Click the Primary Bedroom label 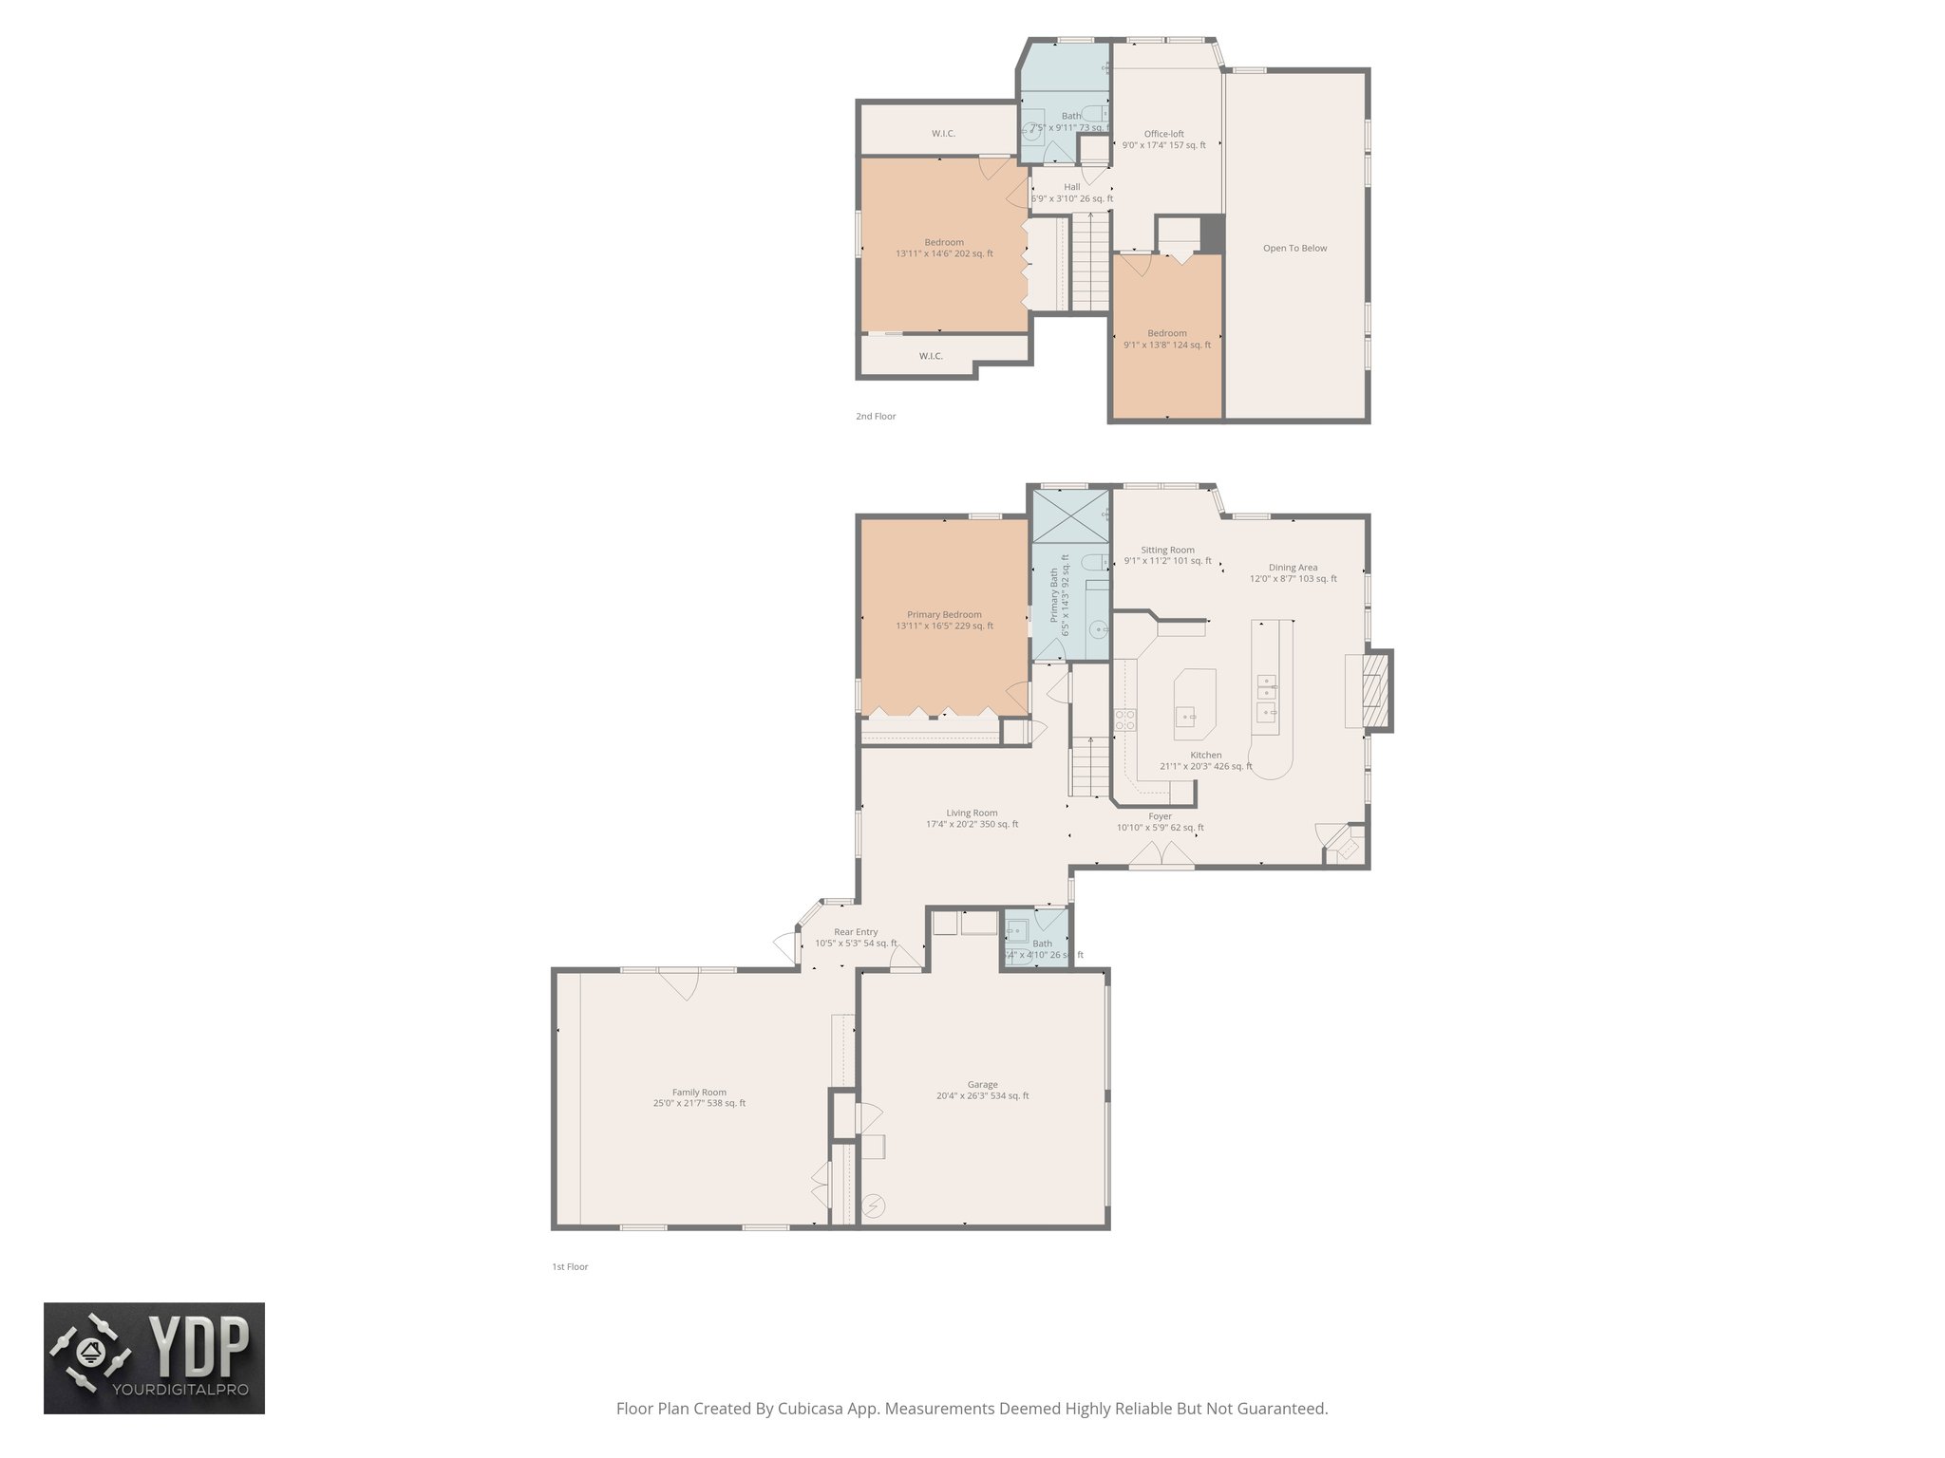(x=944, y=614)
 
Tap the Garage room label (x=982, y=1084)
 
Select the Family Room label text (x=699, y=1092)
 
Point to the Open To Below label (x=1294, y=249)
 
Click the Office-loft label (x=1163, y=134)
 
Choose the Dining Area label (x=1293, y=568)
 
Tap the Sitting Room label (x=1167, y=550)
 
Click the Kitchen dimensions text (x=1205, y=767)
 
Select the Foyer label (x=1160, y=816)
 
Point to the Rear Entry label (x=856, y=932)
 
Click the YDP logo (x=154, y=1357)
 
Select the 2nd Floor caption (x=876, y=417)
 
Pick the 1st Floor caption (x=570, y=1267)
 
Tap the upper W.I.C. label (x=943, y=134)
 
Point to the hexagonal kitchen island (x=1195, y=702)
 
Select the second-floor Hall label (x=1071, y=187)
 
